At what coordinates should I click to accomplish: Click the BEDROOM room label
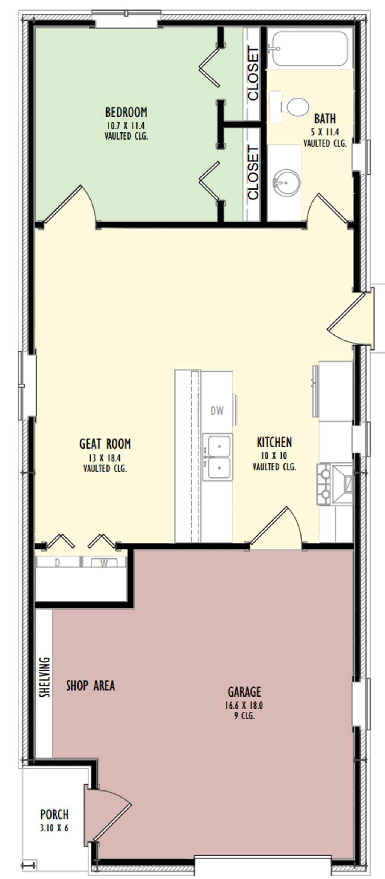pos(126,112)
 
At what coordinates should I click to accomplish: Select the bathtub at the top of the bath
pos(310,49)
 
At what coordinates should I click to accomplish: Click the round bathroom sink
pos(286,182)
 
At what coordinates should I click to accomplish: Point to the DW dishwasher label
pos(217,411)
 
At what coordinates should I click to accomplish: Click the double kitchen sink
pos(218,457)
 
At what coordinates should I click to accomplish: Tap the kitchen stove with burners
pos(335,485)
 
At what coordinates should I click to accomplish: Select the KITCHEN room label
pos(274,442)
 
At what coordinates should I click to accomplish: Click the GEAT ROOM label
pos(105,444)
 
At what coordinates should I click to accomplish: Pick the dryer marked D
pos(58,563)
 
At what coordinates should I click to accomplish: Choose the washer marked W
pos(104,563)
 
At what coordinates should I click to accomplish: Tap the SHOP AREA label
pos(90,685)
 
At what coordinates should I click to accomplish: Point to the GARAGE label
pos(244,691)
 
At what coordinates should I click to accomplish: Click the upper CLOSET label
pos(253,74)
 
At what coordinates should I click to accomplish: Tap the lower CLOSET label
pos(253,173)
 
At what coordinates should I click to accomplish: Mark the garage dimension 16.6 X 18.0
pos(244,705)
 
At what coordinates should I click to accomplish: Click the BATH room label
pos(325,119)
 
